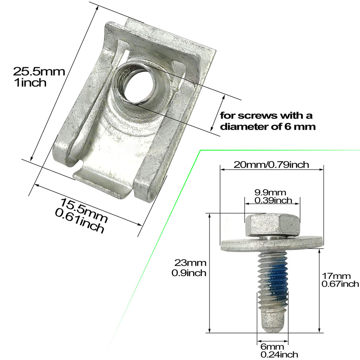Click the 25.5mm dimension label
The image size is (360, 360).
(x=39, y=72)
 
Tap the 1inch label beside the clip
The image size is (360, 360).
(x=30, y=82)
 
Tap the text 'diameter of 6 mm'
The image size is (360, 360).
(x=268, y=127)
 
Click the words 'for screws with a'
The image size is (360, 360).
(x=266, y=115)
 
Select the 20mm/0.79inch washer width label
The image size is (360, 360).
(x=271, y=165)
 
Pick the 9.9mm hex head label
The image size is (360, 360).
(x=270, y=192)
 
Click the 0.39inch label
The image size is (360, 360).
(x=273, y=200)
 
